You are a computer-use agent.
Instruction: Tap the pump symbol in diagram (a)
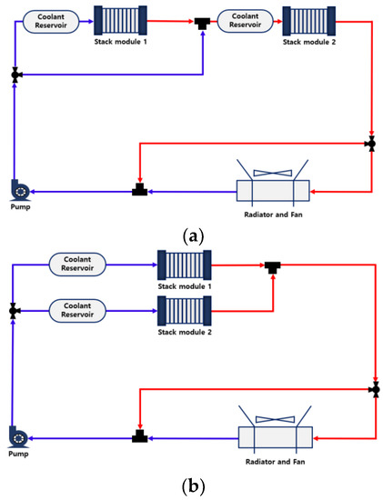(18, 188)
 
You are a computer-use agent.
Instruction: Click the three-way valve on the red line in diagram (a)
(370, 144)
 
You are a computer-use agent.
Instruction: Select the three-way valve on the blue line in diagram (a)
(15, 75)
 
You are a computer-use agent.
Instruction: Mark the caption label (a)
(192, 235)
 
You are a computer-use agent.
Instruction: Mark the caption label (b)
(192, 486)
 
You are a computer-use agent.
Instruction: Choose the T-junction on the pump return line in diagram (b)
(138, 438)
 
